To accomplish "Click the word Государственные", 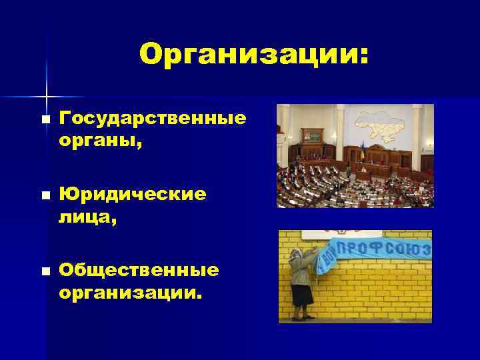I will [153, 118].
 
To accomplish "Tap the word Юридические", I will [133, 194].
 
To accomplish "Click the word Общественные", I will [139, 270].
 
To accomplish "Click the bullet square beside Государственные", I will [44, 119].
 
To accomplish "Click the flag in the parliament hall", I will [362, 149].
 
